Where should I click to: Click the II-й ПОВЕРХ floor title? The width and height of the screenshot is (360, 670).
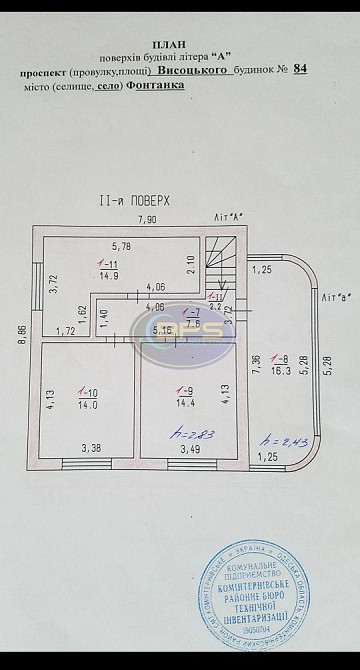(x=135, y=200)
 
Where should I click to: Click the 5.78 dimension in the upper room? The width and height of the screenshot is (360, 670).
(x=121, y=246)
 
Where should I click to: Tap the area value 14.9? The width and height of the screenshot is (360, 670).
(x=109, y=273)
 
